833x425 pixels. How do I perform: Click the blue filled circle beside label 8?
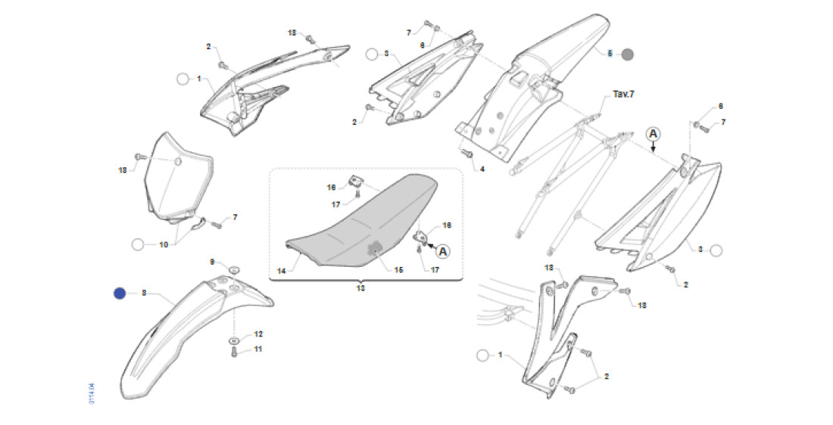120,293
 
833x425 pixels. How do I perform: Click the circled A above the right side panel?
654,134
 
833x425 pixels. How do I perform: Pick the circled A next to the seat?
442,250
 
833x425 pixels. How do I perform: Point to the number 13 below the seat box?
360,288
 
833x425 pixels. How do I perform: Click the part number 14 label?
282,270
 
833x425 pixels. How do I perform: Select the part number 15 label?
398,270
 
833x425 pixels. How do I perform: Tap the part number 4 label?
481,169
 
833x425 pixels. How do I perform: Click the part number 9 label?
213,262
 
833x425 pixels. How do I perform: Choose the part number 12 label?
258,333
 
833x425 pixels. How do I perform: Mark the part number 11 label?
258,349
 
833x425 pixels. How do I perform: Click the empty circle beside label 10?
138,244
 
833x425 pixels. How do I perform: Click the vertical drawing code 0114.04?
92,396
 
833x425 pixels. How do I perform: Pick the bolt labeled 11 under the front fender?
234,350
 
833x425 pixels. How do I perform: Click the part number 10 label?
163,244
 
